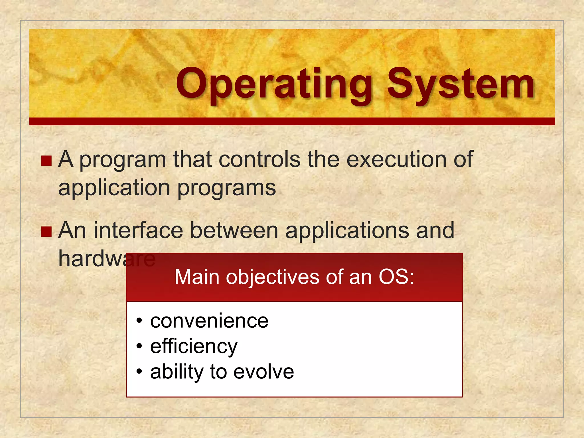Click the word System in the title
[461, 84]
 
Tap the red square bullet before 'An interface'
[46, 232]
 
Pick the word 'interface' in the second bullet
[138, 230]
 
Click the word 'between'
[234, 230]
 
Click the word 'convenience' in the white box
[209, 321]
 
